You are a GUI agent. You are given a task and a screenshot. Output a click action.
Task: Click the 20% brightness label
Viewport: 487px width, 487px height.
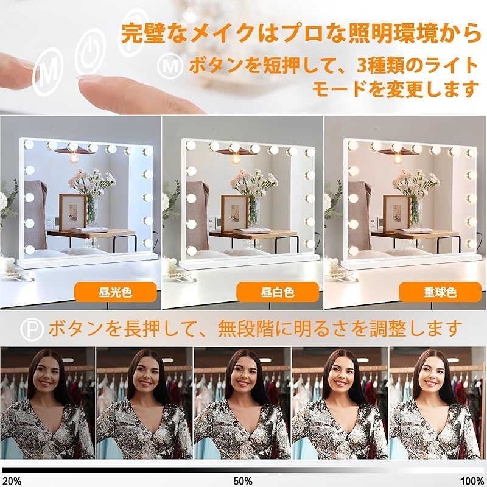[x=12, y=480]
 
